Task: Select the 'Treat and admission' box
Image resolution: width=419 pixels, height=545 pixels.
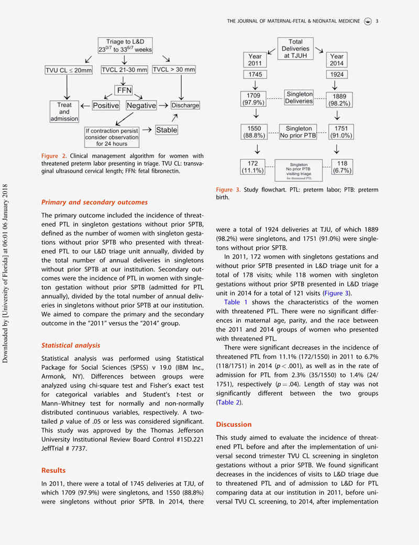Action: (64, 111)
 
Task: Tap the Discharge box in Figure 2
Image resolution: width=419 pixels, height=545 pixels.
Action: (185, 105)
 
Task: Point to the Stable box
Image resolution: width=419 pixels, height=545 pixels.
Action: (166, 129)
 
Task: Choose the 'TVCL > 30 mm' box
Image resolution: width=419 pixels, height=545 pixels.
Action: (174, 69)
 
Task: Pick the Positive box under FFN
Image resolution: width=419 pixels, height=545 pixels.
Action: (106, 105)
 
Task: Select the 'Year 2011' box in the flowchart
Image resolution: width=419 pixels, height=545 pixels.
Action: (255, 60)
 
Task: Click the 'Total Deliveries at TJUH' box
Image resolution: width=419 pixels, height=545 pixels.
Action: (296, 48)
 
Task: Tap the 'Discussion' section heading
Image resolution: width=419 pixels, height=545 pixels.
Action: (234, 424)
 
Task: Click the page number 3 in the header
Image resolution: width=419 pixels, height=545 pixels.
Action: (377, 21)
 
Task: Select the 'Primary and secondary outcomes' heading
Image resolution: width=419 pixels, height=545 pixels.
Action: (94, 202)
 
